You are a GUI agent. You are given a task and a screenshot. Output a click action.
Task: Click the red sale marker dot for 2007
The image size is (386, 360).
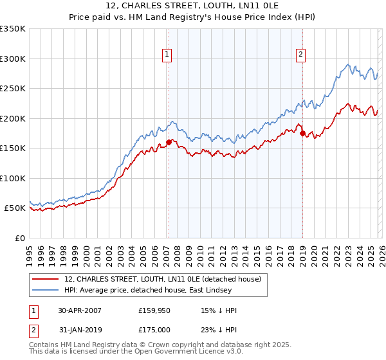pyautogui.click(x=169, y=142)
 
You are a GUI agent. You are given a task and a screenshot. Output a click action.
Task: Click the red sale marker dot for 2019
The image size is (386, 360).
pyautogui.click(x=302, y=133)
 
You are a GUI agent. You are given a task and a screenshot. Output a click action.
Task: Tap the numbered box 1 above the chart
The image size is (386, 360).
pyautogui.click(x=167, y=55)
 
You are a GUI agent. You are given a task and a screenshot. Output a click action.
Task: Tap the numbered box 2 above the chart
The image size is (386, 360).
pyautogui.click(x=300, y=55)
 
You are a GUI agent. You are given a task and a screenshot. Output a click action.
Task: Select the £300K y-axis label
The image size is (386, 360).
pyautogui.click(x=13, y=59)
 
